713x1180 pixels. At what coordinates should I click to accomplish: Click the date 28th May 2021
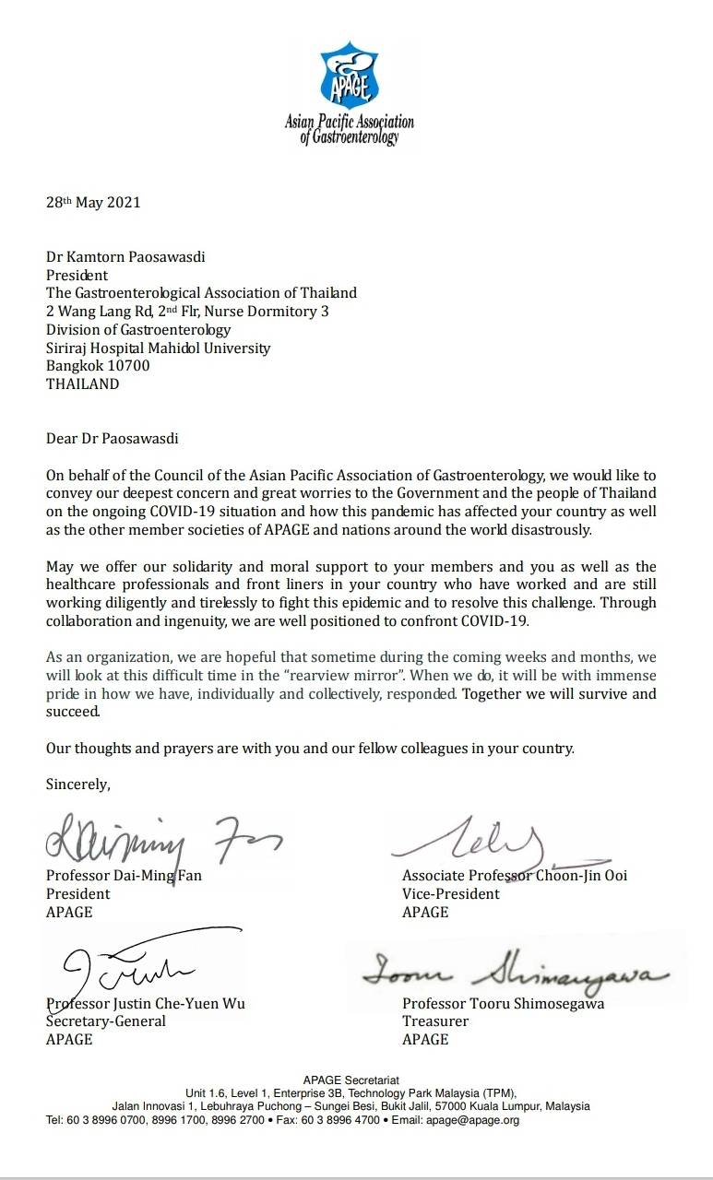[93, 203]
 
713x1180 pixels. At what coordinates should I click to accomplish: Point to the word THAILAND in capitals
[83, 384]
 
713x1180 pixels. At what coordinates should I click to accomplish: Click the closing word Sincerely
[78, 785]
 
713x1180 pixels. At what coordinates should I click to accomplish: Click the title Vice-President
[451, 893]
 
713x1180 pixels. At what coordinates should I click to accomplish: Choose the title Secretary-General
[106, 1021]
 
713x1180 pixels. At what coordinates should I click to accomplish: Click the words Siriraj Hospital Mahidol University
[159, 348]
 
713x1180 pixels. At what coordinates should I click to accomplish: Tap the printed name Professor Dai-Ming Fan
[124, 875]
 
